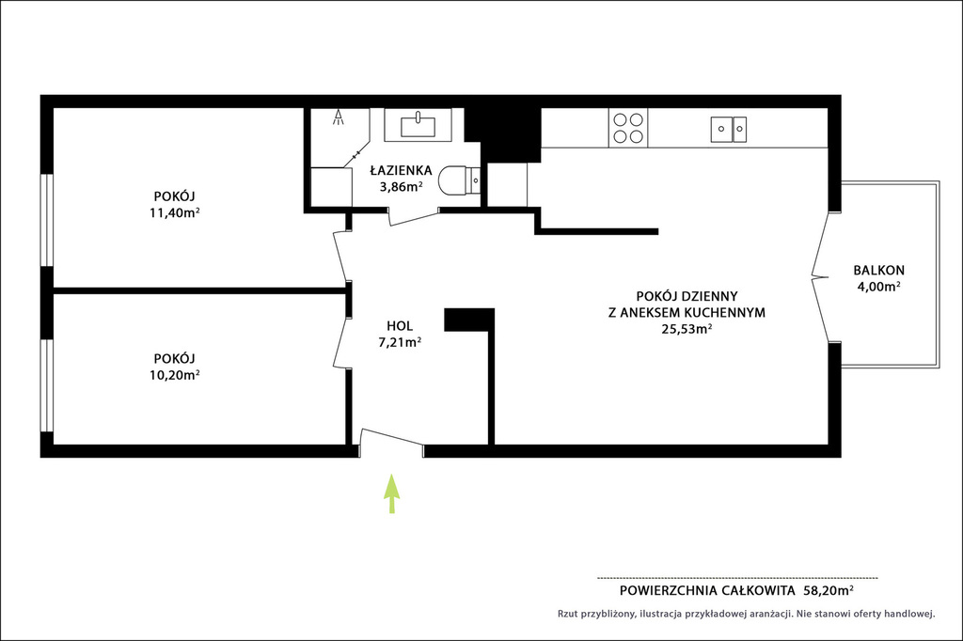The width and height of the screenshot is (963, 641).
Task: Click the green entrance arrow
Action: [x=392, y=493]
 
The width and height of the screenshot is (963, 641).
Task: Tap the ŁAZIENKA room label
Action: [x=401, y=171]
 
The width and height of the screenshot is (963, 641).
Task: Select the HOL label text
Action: [x=400, y=326]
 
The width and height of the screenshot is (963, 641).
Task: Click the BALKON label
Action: [x=879, y=270]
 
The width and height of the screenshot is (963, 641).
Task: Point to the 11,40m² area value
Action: [x=174, y=213]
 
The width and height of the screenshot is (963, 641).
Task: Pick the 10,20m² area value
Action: [x=174, y=375]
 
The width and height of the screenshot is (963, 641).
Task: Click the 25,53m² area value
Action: [x=687, y=328]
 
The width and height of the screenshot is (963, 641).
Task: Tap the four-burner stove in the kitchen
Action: [x=628, y=129]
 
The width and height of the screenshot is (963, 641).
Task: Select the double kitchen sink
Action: [x=729, y=130]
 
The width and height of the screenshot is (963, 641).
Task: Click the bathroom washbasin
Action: [x=418, y=126]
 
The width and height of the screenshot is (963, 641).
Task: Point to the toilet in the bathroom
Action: [x=459, y=180]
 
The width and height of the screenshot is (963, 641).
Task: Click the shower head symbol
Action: [x=339, y=117]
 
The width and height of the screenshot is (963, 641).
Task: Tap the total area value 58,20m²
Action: [x=829, y=590]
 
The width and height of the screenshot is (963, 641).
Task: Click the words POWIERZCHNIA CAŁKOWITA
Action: [x=707, y=590]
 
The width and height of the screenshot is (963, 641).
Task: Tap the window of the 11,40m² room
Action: [x=47, y=221]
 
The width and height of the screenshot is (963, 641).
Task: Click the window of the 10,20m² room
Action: [x=47, y=385]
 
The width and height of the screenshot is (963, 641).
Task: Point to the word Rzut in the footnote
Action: [x=567, y=614]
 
